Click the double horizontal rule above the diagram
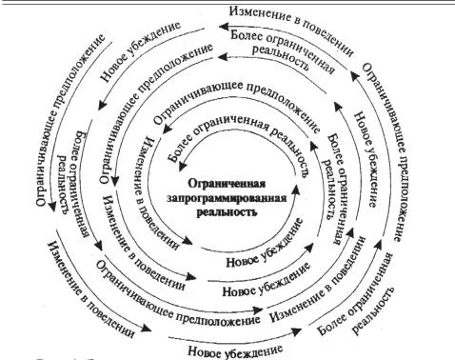click(227, 5)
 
